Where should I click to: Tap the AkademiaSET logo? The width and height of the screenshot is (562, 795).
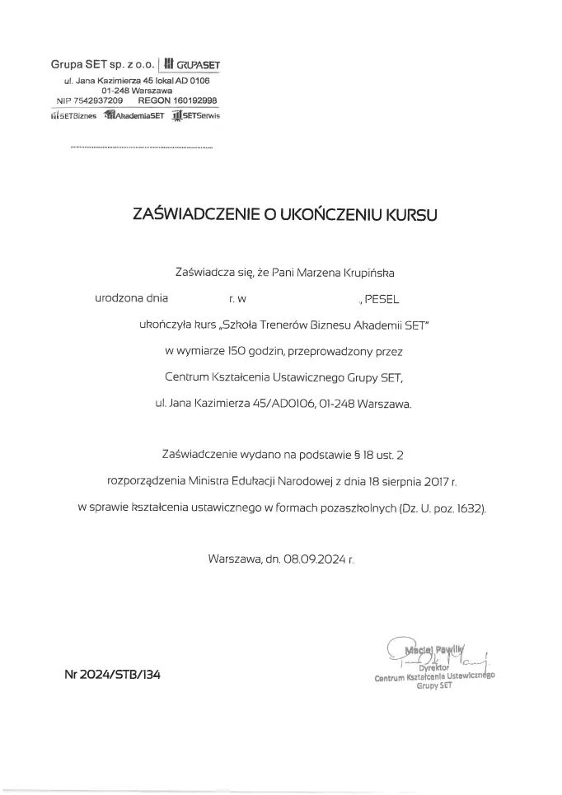pyautogui.click(x=135, y=116)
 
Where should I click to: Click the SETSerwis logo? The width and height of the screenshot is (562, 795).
pyautogui.click(x=195, y=116)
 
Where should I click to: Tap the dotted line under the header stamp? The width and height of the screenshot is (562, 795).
pyautogui.click(x=142, y=147)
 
